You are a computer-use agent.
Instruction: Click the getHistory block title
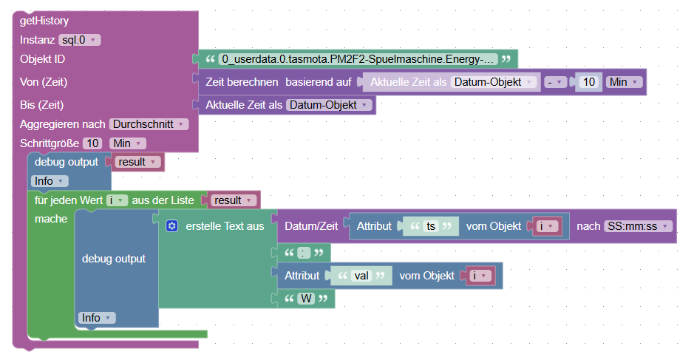click(44, 21)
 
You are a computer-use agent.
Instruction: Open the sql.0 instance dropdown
click(79, 40)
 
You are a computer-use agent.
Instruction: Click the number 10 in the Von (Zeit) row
click(588, 82)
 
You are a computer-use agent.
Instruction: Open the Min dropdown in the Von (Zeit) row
click(624, 82)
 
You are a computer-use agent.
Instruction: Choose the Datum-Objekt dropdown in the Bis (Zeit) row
click(328, 105)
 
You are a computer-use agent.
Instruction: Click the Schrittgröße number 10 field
click(92, 143)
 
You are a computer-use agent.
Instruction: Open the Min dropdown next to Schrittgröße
click(127, 143)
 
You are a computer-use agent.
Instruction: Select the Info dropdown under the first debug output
click(50, 181)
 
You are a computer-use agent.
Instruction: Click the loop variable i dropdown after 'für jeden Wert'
click(117, 200)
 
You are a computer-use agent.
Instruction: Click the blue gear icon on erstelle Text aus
click(172, 226)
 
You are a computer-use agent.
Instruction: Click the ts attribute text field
click(430, 226)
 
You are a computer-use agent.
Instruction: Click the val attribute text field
click(361, 275)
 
